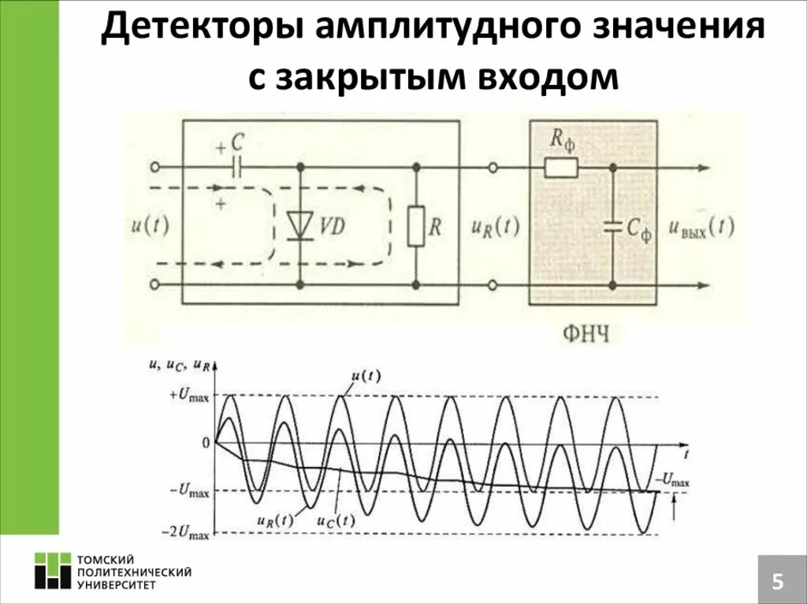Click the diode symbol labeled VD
coord(300,224)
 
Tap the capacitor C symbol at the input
coord(236,167)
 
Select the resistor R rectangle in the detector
coord(416,227)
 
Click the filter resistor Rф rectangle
coord(561,167)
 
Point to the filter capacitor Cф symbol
coord(612,227)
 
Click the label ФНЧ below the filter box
coord(586,335)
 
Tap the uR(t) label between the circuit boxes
coord(495,227)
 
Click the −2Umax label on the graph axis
coord(186,534)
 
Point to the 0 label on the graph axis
coord(206,443)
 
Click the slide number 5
coord(777,582)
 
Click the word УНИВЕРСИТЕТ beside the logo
coord(117,584)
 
